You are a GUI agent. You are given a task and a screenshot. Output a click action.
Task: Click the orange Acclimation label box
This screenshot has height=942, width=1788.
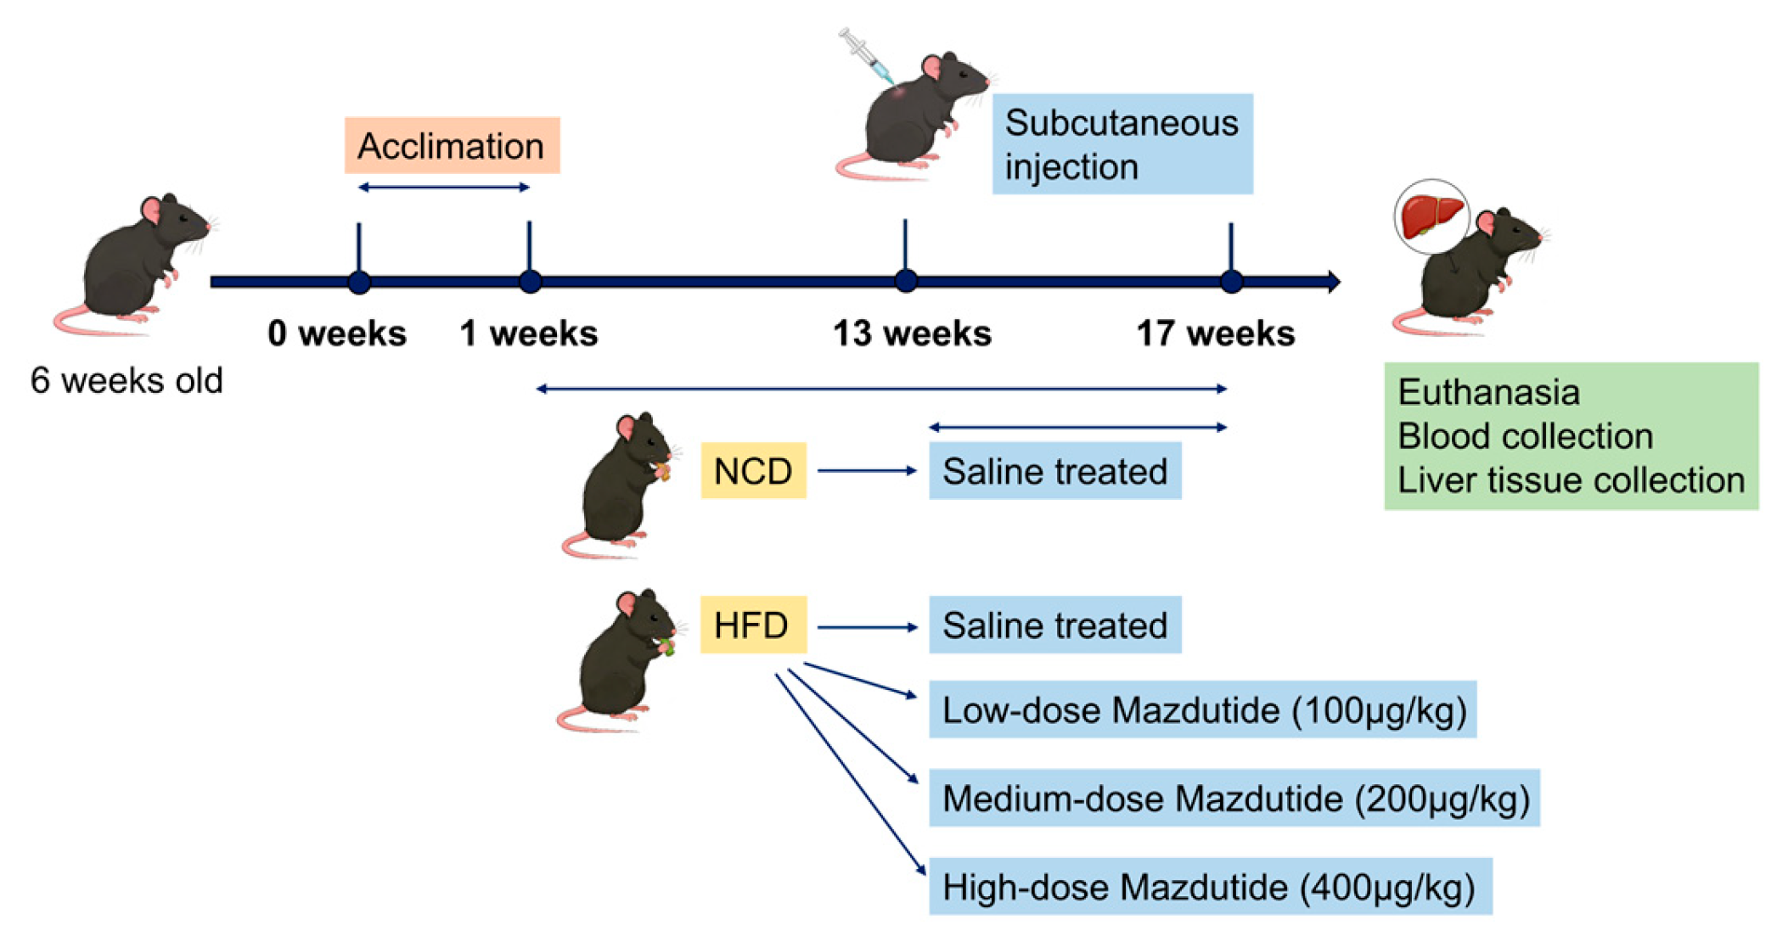[452, 146]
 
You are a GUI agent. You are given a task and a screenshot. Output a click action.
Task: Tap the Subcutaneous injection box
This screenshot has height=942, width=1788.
[1122, 144]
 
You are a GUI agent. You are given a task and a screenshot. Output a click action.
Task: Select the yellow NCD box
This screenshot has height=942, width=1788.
[753, 471]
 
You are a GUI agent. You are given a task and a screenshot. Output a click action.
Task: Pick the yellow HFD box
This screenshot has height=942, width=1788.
[752, 625]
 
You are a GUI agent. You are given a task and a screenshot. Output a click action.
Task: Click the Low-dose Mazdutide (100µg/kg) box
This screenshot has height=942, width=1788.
[1202, 710]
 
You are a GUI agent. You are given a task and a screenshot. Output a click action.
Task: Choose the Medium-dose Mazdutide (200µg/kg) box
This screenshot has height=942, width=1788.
[1234, 799]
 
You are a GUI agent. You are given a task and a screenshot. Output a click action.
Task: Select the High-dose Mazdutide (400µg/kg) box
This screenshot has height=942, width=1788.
[1210, 887]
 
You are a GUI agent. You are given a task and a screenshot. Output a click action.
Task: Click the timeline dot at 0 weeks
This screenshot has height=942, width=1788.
[359, 282]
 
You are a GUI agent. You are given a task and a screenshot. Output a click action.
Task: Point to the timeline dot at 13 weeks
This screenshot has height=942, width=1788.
[905, 281]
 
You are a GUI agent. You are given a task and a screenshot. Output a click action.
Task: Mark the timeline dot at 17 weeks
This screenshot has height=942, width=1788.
[1231, 281]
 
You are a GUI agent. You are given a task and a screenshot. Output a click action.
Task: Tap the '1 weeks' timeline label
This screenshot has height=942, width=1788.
[528, 334]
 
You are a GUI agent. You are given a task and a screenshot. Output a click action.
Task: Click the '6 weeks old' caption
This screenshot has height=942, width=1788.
[127, 380]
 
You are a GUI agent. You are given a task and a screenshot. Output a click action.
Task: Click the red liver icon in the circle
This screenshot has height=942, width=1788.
[1431, 216]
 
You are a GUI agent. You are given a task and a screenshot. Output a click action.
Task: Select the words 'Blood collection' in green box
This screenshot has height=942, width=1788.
[1525, 436]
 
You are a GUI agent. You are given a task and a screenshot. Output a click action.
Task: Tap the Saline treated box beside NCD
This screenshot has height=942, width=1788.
[1054, 471]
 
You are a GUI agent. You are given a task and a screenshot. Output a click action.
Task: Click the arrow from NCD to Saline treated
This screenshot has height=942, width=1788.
[867, 470]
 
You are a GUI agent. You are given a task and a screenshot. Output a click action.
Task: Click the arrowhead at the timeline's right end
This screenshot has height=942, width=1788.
[1334, 281]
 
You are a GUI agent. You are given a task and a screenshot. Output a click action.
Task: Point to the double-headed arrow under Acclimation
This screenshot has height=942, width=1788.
[444, 188]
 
